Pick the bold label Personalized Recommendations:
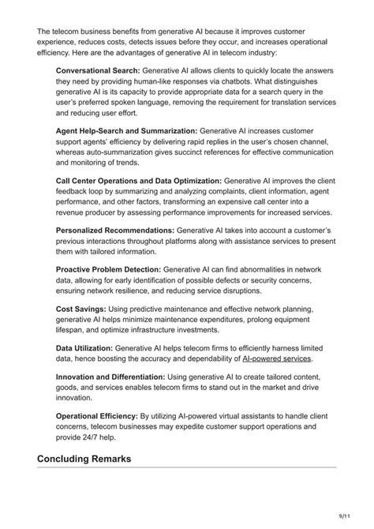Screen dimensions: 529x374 115,230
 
